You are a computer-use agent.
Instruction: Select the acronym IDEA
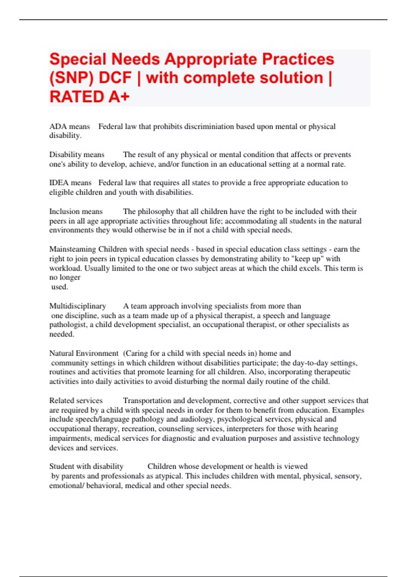tap(59, 183)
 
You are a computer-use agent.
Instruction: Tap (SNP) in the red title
tap(71, 78)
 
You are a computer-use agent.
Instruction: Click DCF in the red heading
tap(115, 78)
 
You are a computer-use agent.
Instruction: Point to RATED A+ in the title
tap(90, 97)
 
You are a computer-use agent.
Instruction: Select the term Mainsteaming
tap(73, 249)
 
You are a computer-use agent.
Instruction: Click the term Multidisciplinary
tap(78, 306)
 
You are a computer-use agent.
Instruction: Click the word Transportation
tap(148, 401)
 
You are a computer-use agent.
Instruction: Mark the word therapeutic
tap(331, 372)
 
